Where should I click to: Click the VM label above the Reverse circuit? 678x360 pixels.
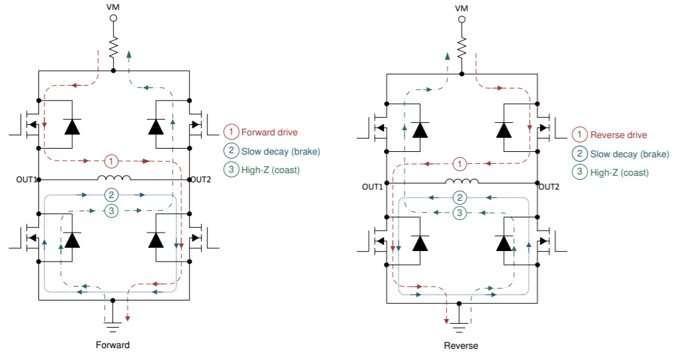pyautogui.click(x=461, y=7)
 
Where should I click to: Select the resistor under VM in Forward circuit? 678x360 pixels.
pyautogui.click(x=113, y=48)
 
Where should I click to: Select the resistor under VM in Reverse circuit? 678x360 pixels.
pyautogui.click(x=462, y=47)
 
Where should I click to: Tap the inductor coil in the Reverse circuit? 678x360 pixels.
pyautogui.click(x=462, y=182)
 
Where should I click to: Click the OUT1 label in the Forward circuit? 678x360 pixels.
pyautogui.click(x=26, y=179)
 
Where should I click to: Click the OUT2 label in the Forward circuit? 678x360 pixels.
pyautogui.click(x=201, y=179)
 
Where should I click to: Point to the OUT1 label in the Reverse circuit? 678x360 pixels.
pyautogui.click(x=373, y=187)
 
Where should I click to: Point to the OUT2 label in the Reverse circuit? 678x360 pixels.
pyautogui.click(x=548, y=187)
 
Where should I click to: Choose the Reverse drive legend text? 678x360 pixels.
pyautogui.click(x=619, y=135)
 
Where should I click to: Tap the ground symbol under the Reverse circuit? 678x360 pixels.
pyautogui.click(x=461, y=323)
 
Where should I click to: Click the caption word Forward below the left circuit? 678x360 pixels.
pyautogui.click(x=112, y=345)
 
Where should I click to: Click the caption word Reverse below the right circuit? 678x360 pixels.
pyautogui.click(x=461, y=345)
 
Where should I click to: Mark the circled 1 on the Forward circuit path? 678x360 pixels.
pyautogui.click(x=112, y=161)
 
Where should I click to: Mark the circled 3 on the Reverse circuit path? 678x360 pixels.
pyautogui.click(x=461, y=212)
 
